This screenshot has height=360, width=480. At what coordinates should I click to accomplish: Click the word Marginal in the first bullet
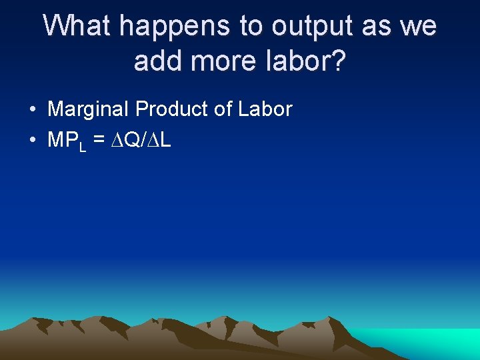pos(89,110)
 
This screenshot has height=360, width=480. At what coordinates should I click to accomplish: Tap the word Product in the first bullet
pos(171,109)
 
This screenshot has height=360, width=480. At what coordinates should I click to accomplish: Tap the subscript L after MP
pos(83,147)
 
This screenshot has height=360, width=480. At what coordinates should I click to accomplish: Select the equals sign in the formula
pos(99,141)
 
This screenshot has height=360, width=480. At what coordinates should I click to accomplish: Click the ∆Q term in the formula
pos(124,141)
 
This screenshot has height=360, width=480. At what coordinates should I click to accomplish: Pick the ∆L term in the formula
pos(159,141)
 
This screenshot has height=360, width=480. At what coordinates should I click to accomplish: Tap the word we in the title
pos(418,27)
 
